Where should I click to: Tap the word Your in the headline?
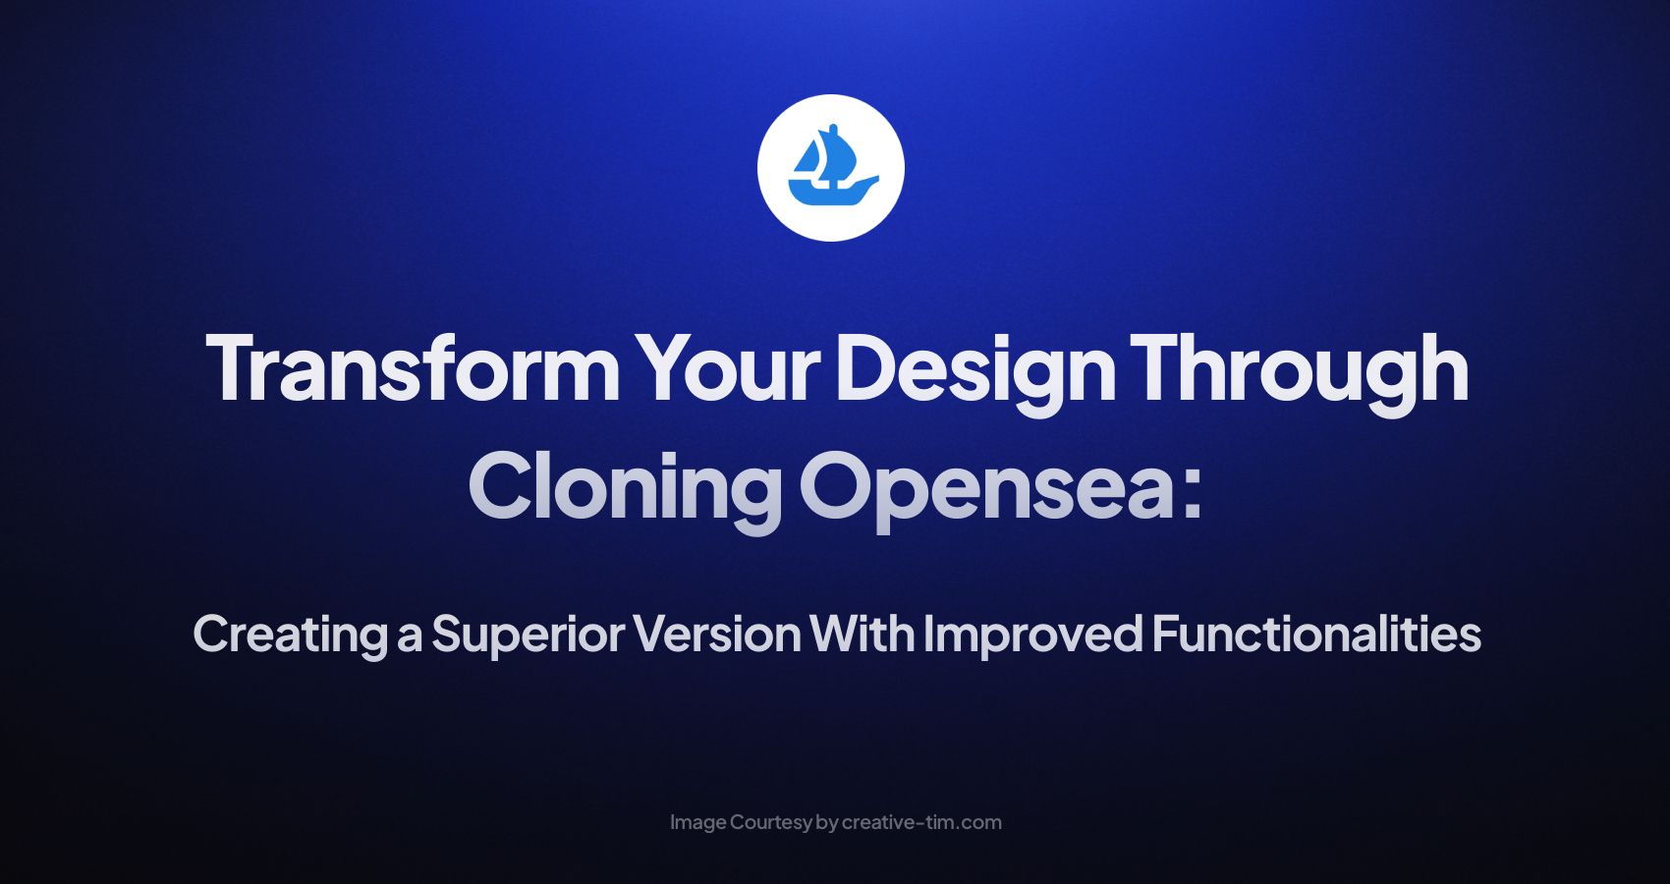727,368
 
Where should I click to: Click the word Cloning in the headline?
625,487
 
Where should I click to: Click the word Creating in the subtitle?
290,635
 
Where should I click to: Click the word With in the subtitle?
862,635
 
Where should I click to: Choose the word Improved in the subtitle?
1032,635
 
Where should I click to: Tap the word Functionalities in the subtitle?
1316,635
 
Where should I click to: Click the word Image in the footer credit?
698,823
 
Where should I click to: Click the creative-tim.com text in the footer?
921,823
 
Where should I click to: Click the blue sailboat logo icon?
831,168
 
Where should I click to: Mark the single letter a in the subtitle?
409,636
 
